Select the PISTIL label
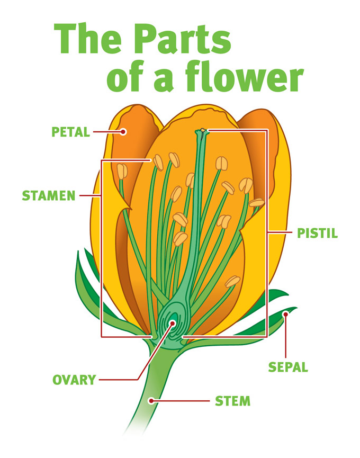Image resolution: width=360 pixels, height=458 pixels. pos(317,233)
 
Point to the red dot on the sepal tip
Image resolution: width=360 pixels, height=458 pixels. pos(286,314)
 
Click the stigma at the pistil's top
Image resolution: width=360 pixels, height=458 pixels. pos(202,130)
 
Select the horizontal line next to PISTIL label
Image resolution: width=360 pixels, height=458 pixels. pos(281,233)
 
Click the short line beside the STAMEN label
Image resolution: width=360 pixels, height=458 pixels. pos(90,196)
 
